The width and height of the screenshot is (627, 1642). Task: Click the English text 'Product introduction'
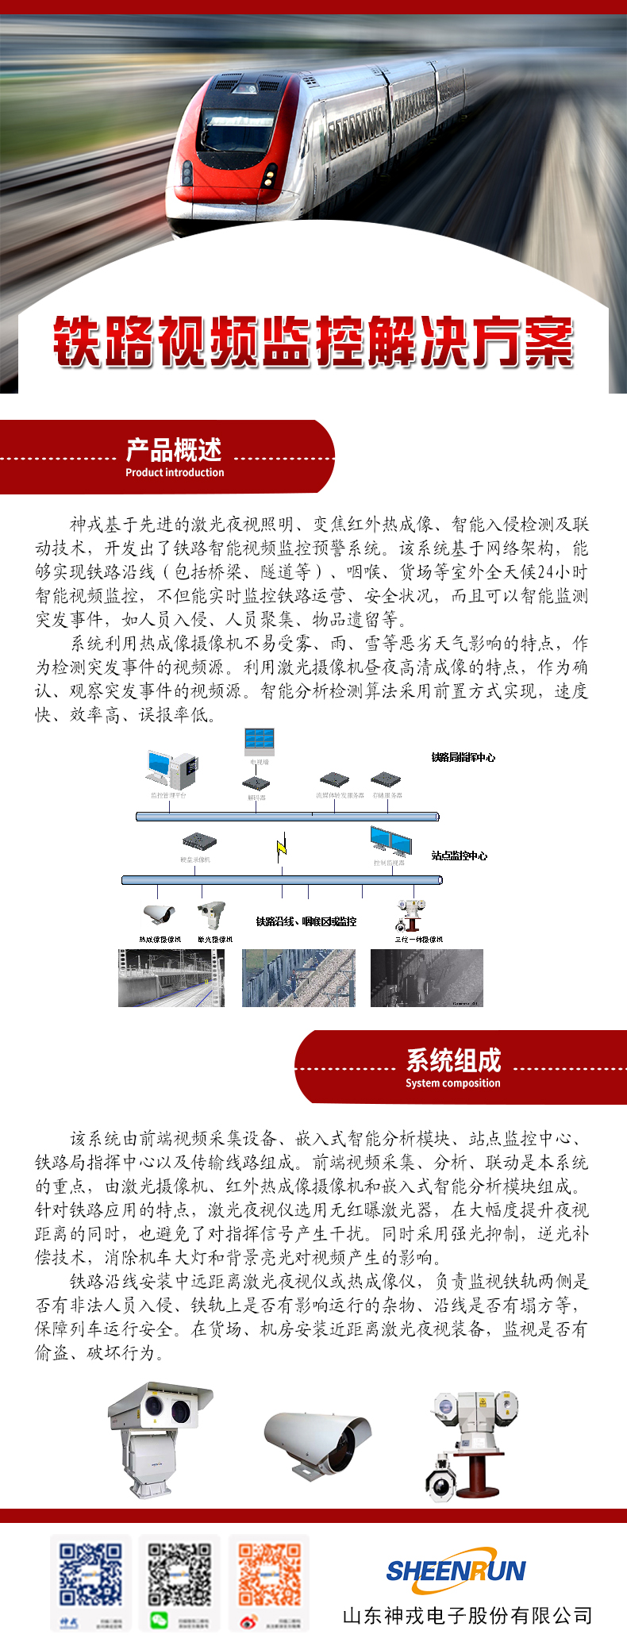(x=175, y=472)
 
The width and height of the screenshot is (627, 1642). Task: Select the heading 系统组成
(x=453, y=1060)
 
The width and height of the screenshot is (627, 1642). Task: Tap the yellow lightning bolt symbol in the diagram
(x=281, y=848)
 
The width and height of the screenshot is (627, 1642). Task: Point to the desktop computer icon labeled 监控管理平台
(x=170, y=769)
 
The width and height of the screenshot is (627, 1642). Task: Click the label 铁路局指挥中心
(x=463, y=757)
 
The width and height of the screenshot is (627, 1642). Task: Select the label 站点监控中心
(x=459, y=856)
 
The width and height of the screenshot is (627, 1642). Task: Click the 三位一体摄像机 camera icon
(x=411, y=915)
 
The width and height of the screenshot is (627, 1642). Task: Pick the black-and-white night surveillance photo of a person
(x=426, y=979)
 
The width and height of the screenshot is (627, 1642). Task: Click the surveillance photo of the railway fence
(x=298, y=979)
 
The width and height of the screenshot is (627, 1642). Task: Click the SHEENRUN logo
(x=456, y=1571)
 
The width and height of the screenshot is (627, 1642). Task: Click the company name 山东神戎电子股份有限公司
(x=467, y=1616)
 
